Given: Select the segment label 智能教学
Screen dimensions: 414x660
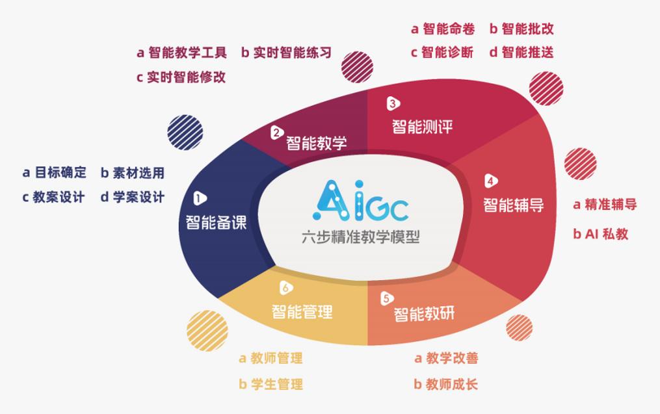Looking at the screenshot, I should (x=317, y=142).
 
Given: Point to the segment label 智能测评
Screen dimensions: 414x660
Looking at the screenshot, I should (x=422, y=125).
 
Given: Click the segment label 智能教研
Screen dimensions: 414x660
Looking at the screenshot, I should (x=424, y=315).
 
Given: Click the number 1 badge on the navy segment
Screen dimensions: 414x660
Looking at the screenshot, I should (x=200, y=198).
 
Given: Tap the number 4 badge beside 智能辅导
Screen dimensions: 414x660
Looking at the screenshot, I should (x=491, y=181).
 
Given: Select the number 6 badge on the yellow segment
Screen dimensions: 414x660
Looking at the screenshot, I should (x=285, y=287).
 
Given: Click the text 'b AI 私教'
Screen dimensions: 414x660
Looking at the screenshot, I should (x=600, y=234).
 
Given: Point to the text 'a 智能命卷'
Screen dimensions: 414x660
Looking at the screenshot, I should (x=443, y=29).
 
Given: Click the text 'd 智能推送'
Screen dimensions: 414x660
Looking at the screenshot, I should (x=521, y=53).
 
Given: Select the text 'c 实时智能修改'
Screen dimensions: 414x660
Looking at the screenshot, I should (x=181, y=77).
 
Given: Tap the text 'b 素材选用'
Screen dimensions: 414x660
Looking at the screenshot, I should (x=132, y=172).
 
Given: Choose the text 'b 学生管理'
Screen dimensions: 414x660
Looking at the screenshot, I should (x=271, y=384).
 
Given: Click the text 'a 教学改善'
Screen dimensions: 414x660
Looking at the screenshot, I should (x=446, y=358).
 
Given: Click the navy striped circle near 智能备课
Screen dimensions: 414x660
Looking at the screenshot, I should (x=185, y=132).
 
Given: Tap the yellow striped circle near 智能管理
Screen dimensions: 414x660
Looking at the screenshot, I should (x=207, y=331).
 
